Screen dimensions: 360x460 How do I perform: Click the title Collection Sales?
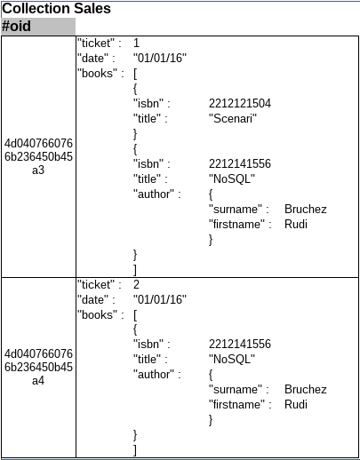56,8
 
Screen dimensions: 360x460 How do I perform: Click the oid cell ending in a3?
38,156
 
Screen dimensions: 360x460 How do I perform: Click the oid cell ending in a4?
38,367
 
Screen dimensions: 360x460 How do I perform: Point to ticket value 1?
136,44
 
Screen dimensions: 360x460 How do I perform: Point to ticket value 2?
136,285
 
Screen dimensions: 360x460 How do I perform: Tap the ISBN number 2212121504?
240,104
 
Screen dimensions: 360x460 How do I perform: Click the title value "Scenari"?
233,119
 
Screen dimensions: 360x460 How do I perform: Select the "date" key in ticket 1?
93,59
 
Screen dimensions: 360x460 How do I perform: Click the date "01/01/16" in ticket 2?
160,300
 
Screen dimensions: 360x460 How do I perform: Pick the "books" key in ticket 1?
98,73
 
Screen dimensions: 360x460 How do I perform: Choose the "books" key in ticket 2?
98,314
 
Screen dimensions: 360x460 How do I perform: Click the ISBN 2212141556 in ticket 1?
240,164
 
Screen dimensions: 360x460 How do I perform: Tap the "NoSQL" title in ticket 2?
232,360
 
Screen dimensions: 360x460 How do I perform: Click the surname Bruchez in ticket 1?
306,210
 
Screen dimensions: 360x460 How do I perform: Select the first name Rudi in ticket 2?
296,405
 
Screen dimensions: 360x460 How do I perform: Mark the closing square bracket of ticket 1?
135,270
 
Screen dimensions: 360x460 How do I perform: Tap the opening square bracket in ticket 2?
135,315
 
